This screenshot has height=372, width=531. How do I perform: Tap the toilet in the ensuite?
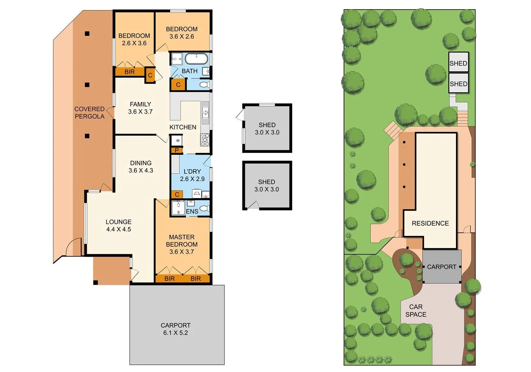tap(205, 208)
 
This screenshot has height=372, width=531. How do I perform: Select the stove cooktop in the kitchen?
tap(205, 139)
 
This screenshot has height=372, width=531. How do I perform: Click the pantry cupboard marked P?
tap(177, 150)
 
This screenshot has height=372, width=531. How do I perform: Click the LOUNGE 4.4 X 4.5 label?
tap(118, 226)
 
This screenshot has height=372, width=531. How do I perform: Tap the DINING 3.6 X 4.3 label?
tap(140, 167)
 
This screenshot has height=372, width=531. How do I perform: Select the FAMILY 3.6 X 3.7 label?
tap(140, 108)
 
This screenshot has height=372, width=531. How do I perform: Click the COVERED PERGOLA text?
tap(90, 113)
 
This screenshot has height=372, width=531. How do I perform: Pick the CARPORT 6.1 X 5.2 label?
tap(176, 329)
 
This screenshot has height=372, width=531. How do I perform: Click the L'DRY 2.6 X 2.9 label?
tap(192, 175)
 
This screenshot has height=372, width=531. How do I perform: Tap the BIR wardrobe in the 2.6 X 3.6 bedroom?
tap(129, 72)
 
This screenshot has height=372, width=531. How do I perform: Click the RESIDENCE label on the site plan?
tap(430, 223)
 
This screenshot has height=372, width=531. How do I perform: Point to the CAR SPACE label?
tap(416, 310)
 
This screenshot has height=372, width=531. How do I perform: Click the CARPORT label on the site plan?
tap(441, 267)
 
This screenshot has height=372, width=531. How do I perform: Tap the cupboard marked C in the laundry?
tap(177, 195)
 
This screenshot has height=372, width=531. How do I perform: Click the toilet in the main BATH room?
tap(205, 84)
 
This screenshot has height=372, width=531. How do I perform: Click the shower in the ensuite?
tap(178, 208)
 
